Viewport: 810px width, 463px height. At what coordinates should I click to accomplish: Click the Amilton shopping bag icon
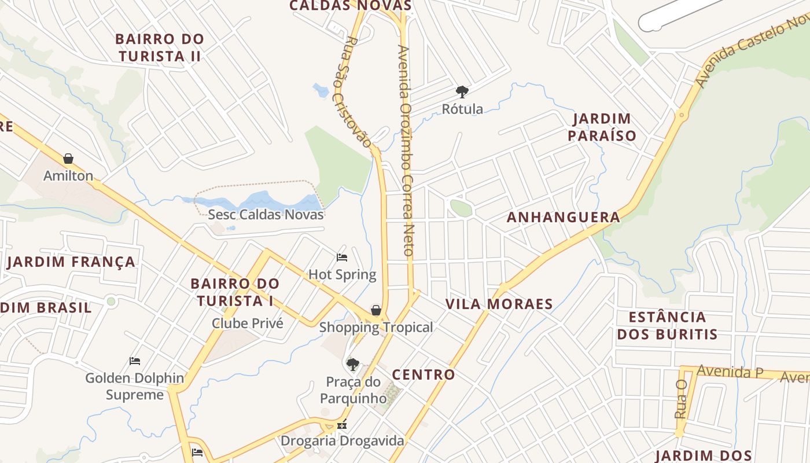68,159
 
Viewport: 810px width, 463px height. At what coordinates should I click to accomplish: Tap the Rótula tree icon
462,91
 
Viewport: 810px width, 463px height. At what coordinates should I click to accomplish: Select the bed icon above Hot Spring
342,257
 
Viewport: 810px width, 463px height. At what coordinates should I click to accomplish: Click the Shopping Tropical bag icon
375,310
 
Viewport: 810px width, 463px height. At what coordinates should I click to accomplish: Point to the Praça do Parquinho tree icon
352,365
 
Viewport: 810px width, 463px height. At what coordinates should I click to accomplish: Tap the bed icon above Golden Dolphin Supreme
135,361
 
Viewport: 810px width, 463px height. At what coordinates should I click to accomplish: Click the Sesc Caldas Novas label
266,214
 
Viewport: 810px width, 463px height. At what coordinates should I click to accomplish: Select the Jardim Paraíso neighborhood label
602,127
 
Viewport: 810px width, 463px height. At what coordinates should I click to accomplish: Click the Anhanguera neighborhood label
563,218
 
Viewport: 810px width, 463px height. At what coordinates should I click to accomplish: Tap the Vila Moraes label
499,304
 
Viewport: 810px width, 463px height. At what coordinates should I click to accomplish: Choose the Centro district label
424,375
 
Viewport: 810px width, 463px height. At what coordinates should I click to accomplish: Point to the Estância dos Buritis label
667,325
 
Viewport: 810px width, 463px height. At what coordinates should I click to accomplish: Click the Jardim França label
71,262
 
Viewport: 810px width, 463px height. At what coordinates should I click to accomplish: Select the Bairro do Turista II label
159,47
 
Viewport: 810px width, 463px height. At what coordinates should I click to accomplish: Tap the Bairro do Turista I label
235,292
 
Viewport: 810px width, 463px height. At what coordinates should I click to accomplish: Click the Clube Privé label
248,323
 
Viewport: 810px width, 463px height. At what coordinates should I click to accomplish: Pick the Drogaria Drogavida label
342,441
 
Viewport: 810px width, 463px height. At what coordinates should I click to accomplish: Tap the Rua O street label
680,399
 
